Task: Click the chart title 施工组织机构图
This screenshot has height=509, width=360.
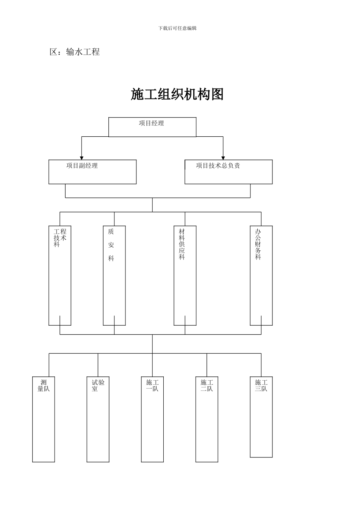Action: point(177,95)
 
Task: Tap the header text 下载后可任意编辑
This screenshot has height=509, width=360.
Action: point(177,28)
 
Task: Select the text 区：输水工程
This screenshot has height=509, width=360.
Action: point(75,52)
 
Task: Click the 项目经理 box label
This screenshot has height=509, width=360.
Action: point(152,123)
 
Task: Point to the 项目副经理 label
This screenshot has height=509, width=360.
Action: point(82,166)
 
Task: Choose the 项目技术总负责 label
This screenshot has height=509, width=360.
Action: point(218,166)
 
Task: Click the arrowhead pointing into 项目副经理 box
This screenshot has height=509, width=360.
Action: point(81,158)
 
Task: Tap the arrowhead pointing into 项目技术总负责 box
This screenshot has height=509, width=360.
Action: point(223,158)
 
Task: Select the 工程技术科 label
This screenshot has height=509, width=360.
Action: point(60,237)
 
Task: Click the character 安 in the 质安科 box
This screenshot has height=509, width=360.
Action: point(111,245)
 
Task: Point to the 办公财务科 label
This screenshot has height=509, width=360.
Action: point(258,244)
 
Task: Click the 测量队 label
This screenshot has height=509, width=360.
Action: point(44,386)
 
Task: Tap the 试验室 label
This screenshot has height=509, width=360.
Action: point(98,386)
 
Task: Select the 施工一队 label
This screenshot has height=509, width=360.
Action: point(152,386)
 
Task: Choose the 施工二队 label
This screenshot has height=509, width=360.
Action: point(207,386)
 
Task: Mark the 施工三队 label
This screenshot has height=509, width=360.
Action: point(261,386)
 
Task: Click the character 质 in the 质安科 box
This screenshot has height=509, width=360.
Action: point(111,231)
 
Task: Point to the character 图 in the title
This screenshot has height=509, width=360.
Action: point(217,95)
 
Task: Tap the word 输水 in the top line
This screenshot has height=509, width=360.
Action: point(74,52)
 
